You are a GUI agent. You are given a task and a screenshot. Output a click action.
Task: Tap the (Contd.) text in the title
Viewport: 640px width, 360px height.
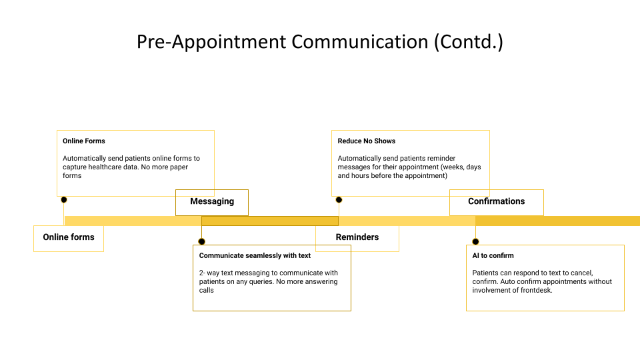pyautogui.click(x=469, y=42)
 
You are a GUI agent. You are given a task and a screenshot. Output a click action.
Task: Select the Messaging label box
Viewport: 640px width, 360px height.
pyautogui.click(x=212, y=202)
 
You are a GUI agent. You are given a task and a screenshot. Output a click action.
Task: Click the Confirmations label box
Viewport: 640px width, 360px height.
pyautogui.click(x=496, y=202)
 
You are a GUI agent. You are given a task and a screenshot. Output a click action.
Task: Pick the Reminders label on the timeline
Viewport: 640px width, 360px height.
pyautogui.click(x=357, y=237)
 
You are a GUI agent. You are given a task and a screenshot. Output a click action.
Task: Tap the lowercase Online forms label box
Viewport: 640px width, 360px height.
pyautogui.click(x=69, y=237)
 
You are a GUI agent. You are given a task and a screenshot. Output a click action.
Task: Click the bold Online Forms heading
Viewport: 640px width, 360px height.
pyautogui.click(x=84, y=141)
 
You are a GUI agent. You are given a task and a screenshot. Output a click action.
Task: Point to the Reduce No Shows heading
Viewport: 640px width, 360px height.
pyautogui.click(x=367, y=141)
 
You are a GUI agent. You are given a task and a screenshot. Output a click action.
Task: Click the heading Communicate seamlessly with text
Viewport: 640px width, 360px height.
pyautogui.click(x=255, y=255)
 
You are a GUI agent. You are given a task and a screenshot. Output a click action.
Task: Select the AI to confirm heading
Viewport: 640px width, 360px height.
pyautogui.click(x=493, y=255)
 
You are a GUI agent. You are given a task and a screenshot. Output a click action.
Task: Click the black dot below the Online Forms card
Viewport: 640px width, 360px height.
pyautogui.click(x=64, y=199)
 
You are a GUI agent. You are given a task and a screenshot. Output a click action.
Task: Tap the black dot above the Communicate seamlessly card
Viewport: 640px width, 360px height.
pyautogui.click(x=202, y=241)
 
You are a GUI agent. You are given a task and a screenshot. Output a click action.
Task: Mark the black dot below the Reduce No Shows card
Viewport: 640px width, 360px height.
pyautogui.click(x=339, y=199)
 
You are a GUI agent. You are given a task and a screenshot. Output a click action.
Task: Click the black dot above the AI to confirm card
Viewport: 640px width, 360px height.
pyautogui.click(x=475, y=241)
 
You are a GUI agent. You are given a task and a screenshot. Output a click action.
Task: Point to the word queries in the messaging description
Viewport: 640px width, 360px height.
pyautogui.click(x=272, y=281)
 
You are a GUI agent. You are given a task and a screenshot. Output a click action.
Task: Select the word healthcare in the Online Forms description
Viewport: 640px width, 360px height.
pyautogui.click(x=107, y=167)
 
